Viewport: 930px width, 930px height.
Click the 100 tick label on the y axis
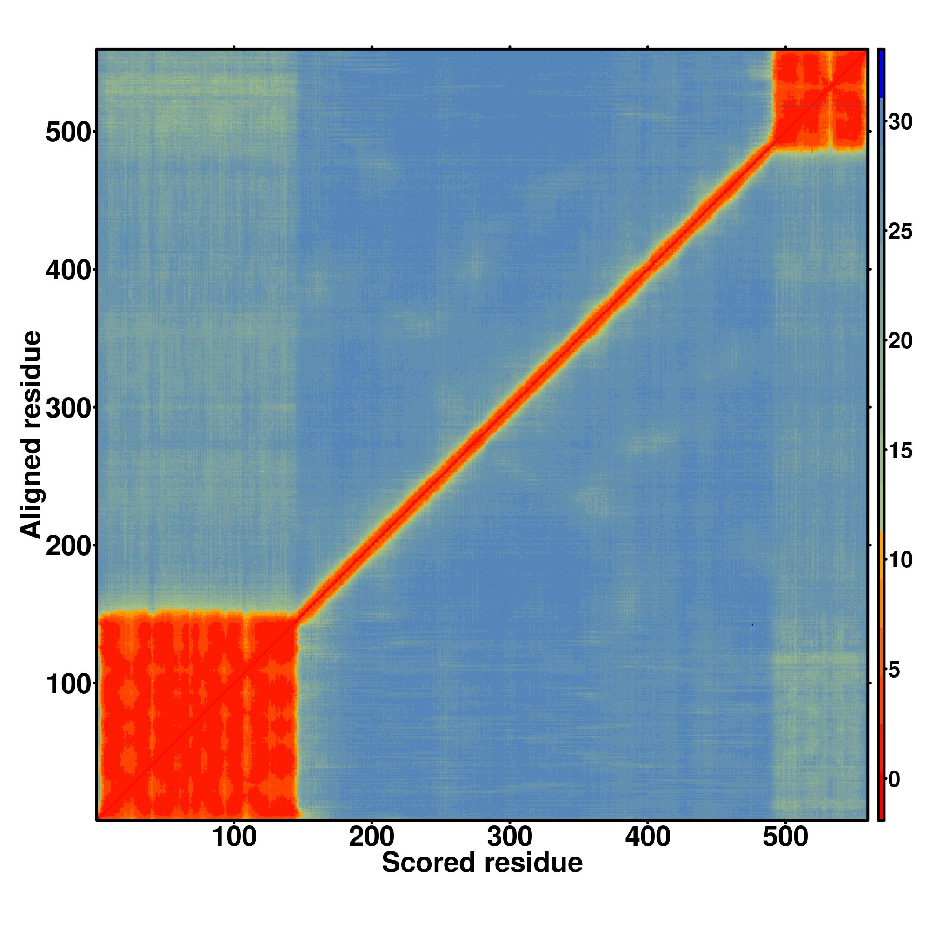tap(68, 684)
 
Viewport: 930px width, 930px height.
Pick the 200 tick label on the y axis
tap(68, 547)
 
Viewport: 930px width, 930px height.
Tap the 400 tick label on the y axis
tap(68, 271)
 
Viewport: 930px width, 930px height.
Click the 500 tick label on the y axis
tap(68, 133)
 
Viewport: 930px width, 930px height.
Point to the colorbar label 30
tap(900, 123)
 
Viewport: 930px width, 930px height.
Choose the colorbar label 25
tap(900, 232)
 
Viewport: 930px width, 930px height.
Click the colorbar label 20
tap(900, 341)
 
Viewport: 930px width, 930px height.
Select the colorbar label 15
tap(900, 451)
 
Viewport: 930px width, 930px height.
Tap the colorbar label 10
tap(900, 560)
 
